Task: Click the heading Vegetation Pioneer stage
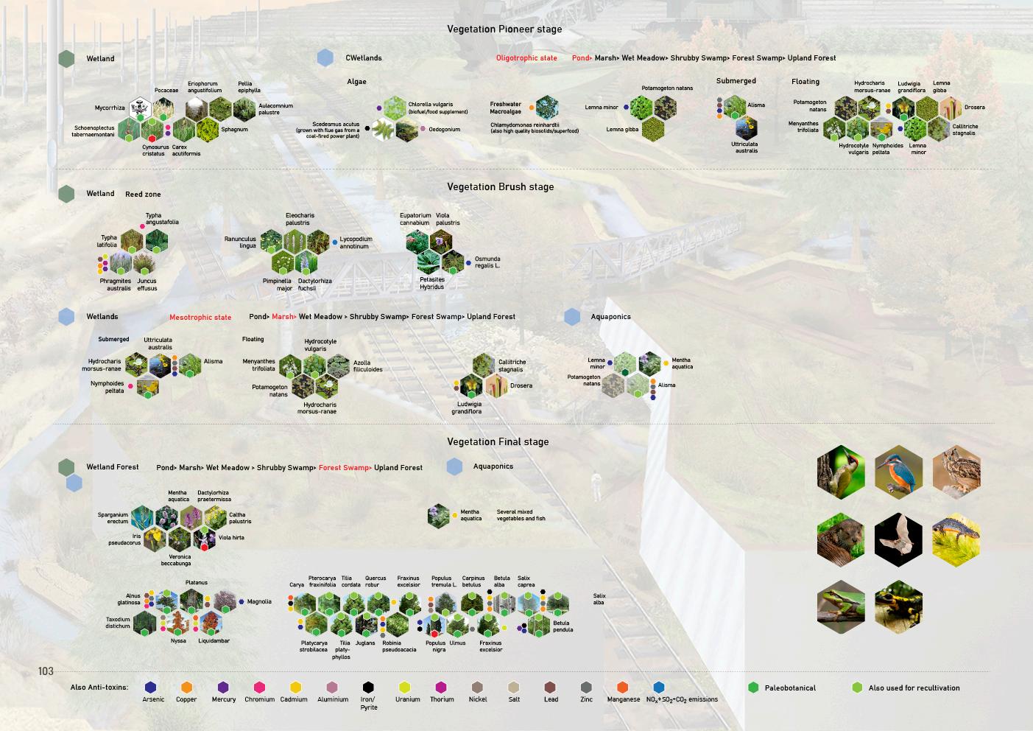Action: (x=504, y=29)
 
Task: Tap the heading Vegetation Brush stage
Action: (x=500, y=187)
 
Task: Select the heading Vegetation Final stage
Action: (x=498, y=442)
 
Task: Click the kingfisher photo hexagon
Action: (x=898, y=472)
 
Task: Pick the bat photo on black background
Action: (x=898, y=539)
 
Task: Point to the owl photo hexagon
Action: (x=957, y=472)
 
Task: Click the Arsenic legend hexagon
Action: (x=151, y=688)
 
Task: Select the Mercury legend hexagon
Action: (x=224, y=688)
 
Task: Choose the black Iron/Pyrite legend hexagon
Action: (x=368, y=688)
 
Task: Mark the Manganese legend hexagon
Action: (x=623, y=688)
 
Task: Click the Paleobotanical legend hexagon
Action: (x=753, y=688)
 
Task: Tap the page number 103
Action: (x=46, y=671)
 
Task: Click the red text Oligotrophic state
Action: (x=526, y=58)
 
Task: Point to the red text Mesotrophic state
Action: (x=200, y=318)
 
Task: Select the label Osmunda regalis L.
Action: (x=487, y=262)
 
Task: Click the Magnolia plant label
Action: (x=259, y=602)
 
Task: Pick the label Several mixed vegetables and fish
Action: (x=521, y=515)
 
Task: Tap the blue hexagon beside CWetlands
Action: (x=325, y=58)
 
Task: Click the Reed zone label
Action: (x=143, y=195)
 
